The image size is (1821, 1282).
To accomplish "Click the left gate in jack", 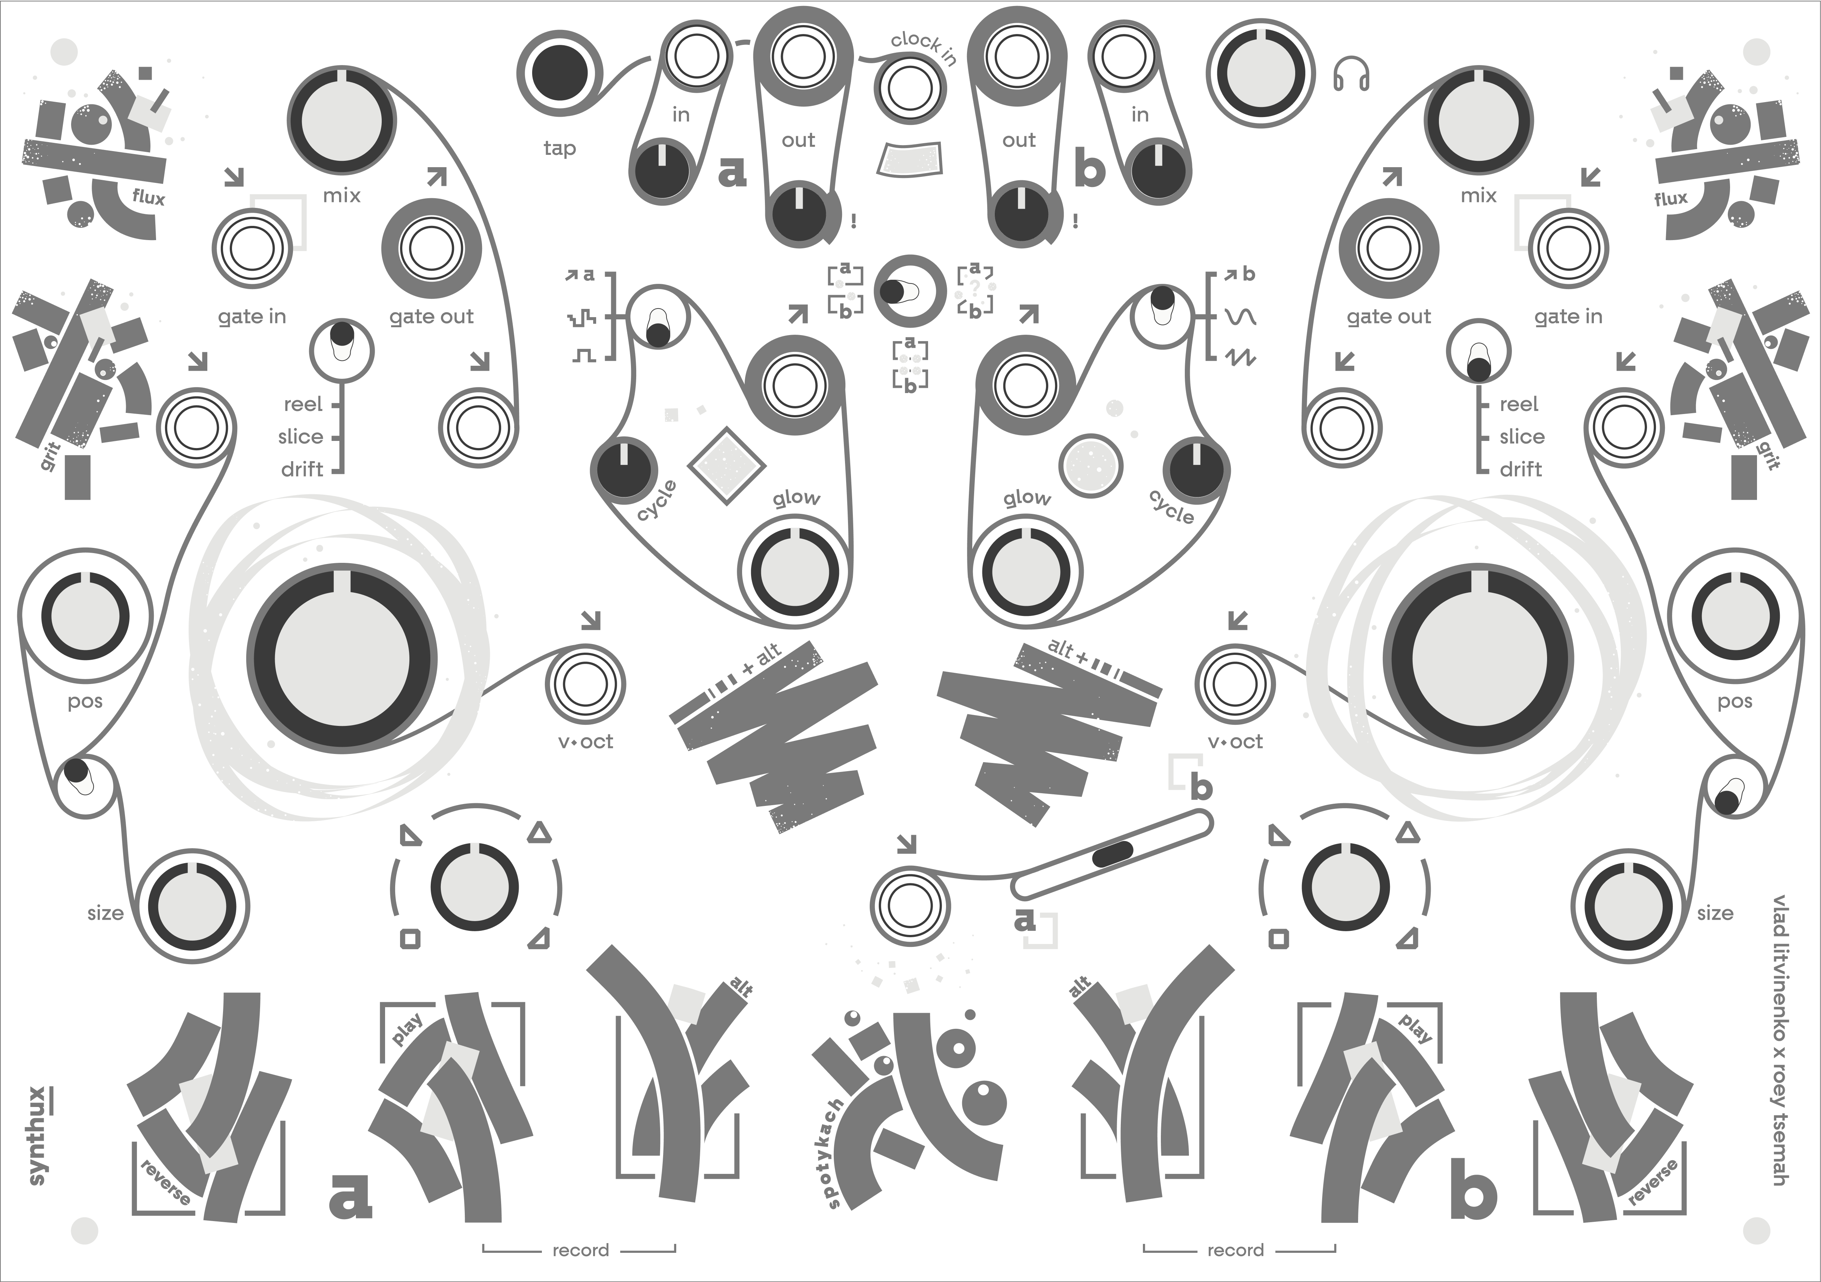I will pyautogui.click(x=252, y=248).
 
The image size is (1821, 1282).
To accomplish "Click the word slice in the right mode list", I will pyautogui.click(x=1521, y=437).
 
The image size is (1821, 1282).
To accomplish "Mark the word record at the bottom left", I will pyautogui.click(x=580, y=1250).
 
